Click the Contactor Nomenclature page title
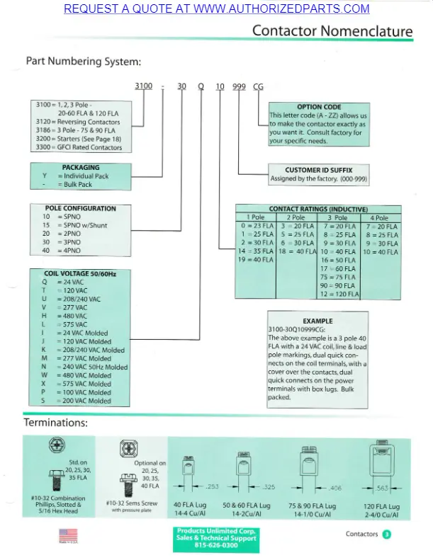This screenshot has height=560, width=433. pyautogui.click(x=332, y=31)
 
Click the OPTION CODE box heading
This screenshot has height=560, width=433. pyautogui.click(x=319, y=107)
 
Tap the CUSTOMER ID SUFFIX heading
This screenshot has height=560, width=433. pyautogui.click(x=318, y=170)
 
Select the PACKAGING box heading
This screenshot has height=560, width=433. pyautogui.click(x=81, y=168)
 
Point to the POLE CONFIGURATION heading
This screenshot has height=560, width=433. pyautogui.click(x=80, y=209)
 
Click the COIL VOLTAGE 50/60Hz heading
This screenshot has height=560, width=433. pyautogui.click(x=80, y=273)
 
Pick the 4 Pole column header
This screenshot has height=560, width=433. pyautogui.click(x=380, y=217)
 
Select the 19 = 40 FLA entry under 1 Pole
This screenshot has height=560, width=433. pyautogui.click(x=255, y=260)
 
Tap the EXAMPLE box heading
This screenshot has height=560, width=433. pyautogui.click(x=317, y=321)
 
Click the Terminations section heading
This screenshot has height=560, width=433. pyautogui.click(x=56, y=423)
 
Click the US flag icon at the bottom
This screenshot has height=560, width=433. pyautogui.click(x=68, y=535)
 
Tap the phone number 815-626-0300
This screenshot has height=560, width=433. pyautogui.click(x=216, y=546)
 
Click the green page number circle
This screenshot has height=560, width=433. pyautogui.click(x=387, y=535)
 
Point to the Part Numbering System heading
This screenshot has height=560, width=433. pyautogui.click(x=84, y=61)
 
